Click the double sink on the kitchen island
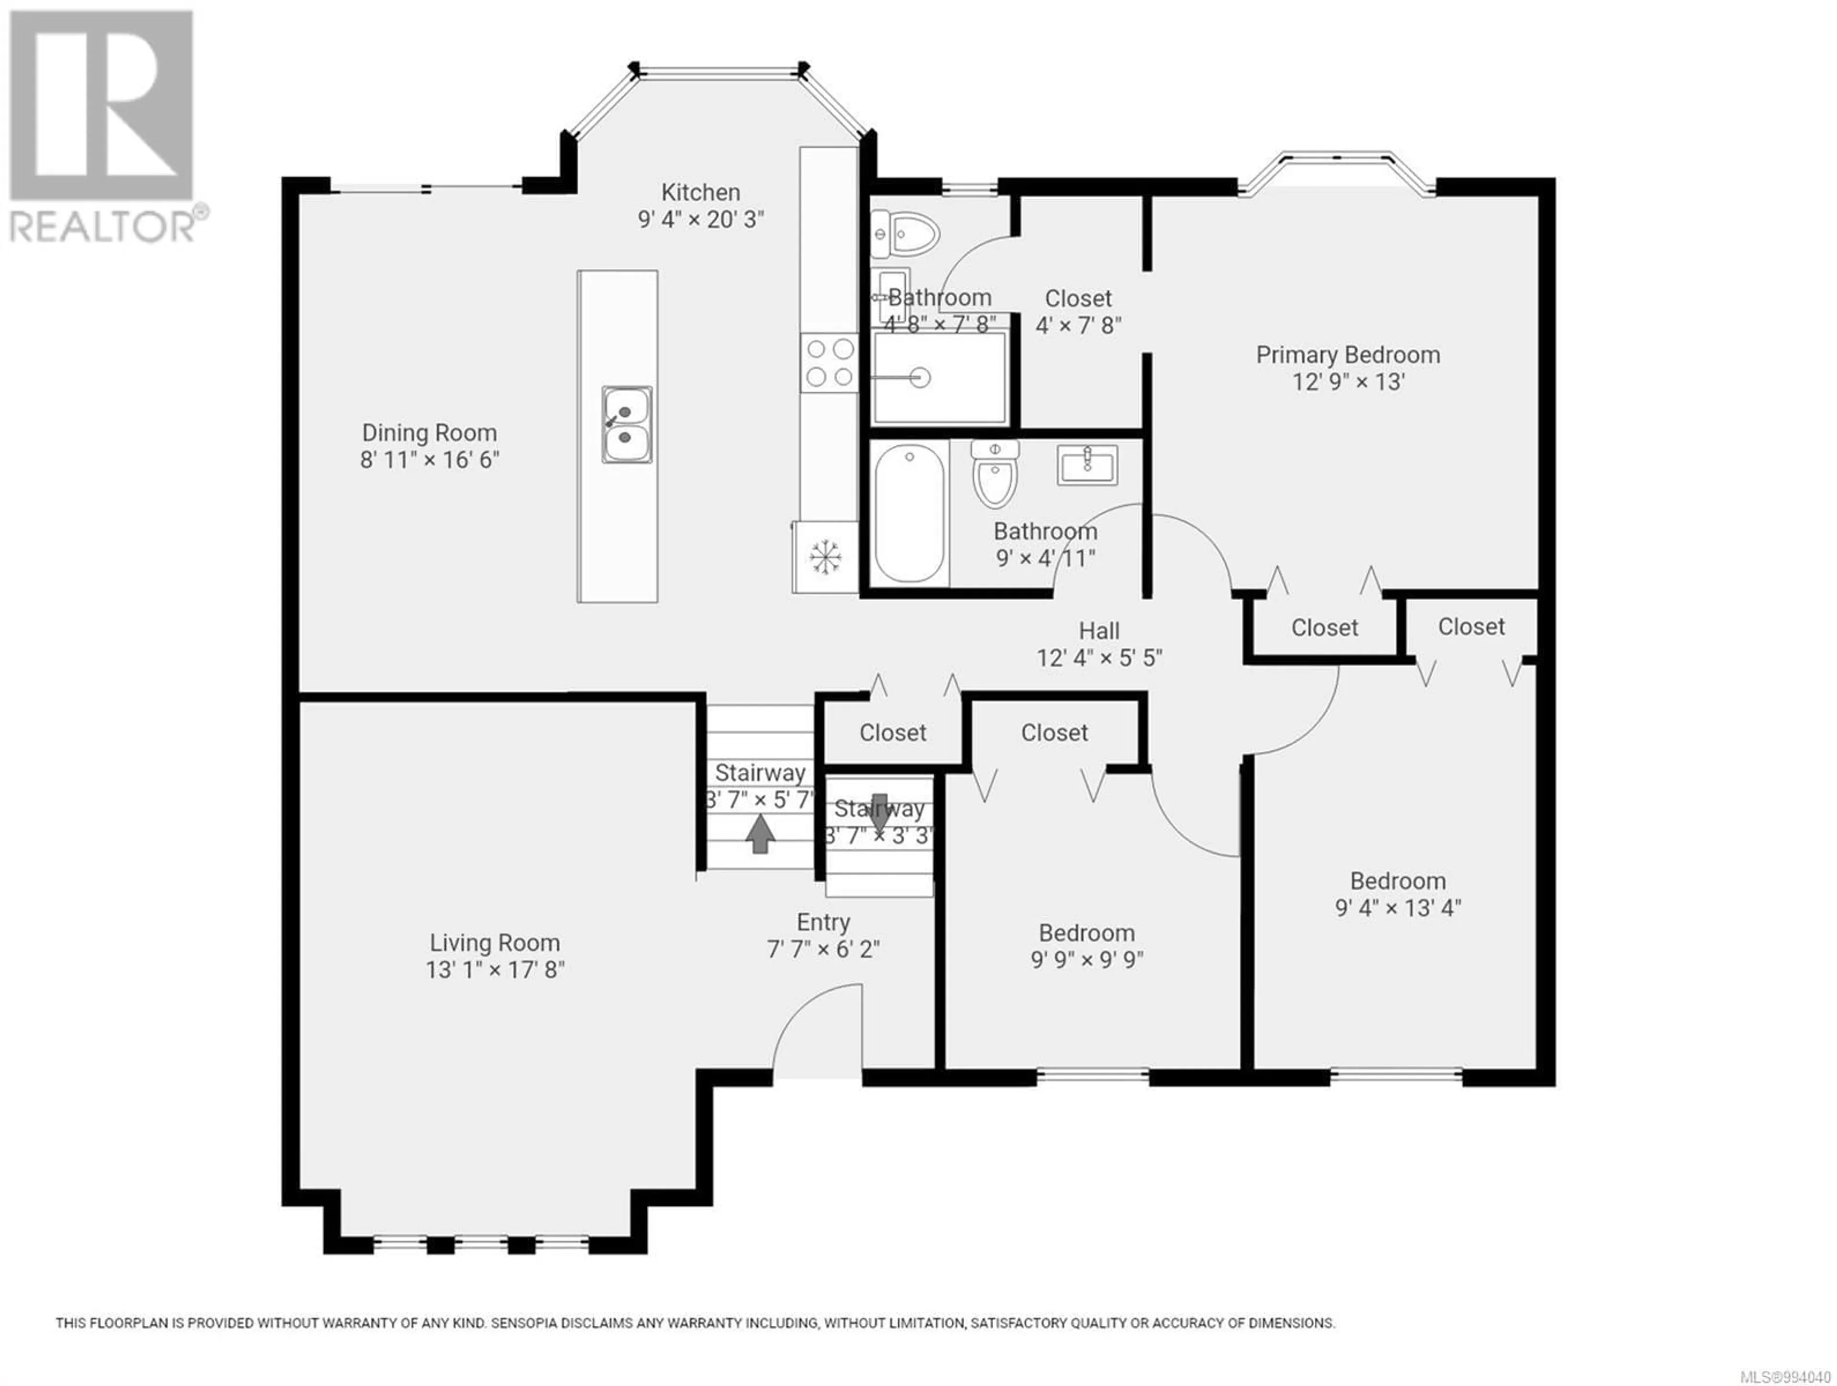coord(627,424)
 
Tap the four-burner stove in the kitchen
coord(829,363)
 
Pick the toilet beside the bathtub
coord(995,474)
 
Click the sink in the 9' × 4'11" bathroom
coord(1087,465)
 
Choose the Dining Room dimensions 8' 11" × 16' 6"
coord(430,459)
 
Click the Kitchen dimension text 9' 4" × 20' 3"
coord(701,219)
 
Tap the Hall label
coord(1099,631)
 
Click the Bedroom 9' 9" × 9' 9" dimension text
coord(1087,959)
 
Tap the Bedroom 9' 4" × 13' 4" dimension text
coord(1398,908)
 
